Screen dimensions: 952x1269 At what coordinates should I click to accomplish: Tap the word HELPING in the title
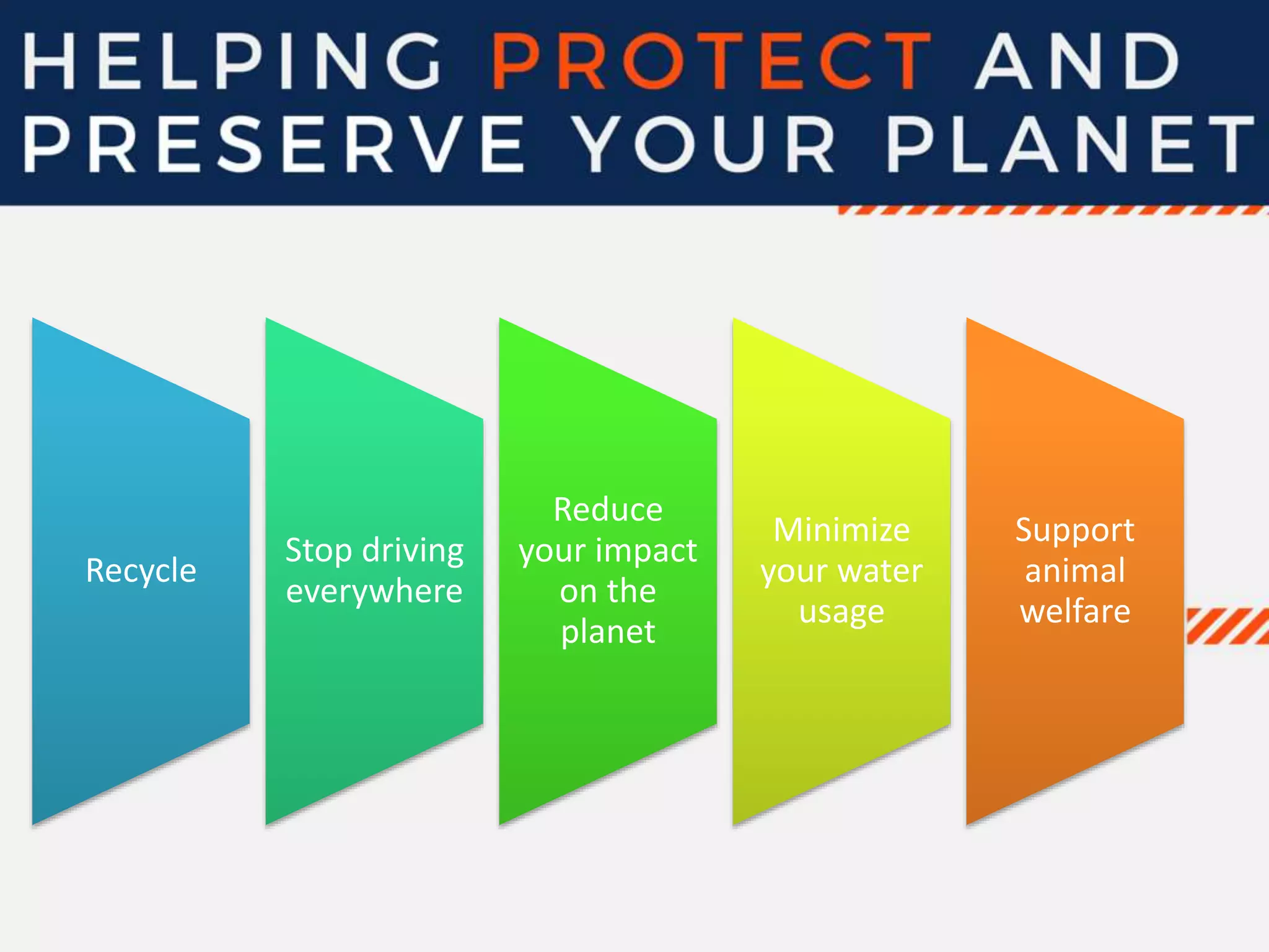pyautogui.click(x=232, y=62)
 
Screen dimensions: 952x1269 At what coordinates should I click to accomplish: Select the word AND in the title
pyautogui.click(x=1078, y=62)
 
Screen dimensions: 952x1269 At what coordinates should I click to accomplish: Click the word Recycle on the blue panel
pyautogui.click(x=141, y=571)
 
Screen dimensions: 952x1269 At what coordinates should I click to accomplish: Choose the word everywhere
pyautogui.click(x=374, y=591)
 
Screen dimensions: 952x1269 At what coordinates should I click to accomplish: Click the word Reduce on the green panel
pyautogui.click(x=608, y=510)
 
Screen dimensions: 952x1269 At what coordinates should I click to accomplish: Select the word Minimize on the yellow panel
pyautogui.click(x=841, y=531)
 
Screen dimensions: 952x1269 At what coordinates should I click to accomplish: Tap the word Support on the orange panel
pyautogui.click(x=1074, y=531)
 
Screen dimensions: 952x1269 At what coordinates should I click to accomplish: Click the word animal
pyautogui.click(x=1074, y=571)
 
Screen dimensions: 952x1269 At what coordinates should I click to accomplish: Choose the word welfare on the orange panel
pyautogui.click(x=1074, y=612)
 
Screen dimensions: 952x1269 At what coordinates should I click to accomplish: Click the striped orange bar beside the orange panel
pyautogui.click(x=1227, y=626)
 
